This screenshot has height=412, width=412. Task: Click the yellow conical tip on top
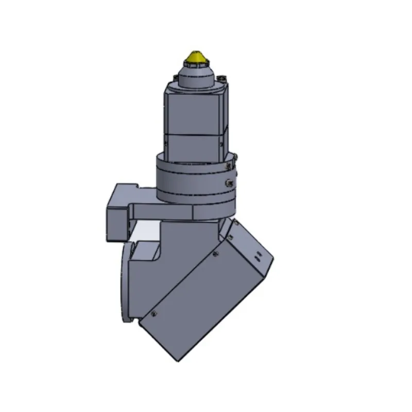[196, 56]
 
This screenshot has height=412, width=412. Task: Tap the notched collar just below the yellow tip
[196, 64]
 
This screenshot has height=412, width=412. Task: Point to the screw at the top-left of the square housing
[174, 78]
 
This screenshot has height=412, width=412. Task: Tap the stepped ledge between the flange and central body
[147, 252]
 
